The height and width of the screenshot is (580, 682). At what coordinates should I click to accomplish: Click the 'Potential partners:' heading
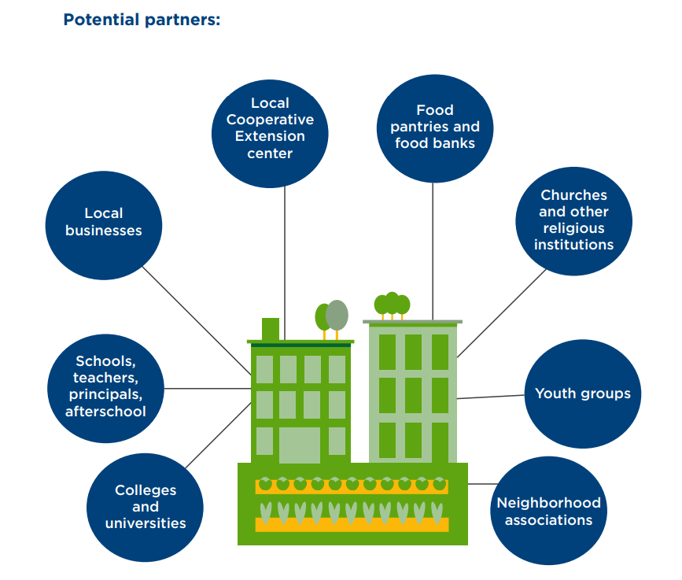142,20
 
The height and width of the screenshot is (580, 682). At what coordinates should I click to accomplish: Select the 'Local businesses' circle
104,222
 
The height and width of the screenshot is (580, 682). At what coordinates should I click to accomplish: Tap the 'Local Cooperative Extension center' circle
270,127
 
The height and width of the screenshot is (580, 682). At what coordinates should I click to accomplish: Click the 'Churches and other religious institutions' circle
573,220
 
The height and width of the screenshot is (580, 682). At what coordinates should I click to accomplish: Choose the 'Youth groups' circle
582,393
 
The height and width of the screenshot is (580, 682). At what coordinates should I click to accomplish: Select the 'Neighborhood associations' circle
548,512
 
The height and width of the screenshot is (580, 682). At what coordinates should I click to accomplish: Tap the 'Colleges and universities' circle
146,506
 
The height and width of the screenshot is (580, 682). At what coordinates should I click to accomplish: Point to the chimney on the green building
270,327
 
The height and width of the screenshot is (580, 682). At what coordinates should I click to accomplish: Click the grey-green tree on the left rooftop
337,315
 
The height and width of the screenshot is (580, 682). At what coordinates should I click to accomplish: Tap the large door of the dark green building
300,445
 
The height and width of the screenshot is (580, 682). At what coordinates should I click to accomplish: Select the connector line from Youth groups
490,396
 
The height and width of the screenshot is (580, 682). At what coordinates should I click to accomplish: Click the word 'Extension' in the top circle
270,136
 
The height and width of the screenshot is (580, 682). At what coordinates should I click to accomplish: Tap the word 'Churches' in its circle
573,195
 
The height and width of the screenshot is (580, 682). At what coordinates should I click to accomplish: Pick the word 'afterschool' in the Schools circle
105,412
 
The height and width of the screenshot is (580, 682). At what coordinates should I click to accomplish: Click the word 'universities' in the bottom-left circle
146,523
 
